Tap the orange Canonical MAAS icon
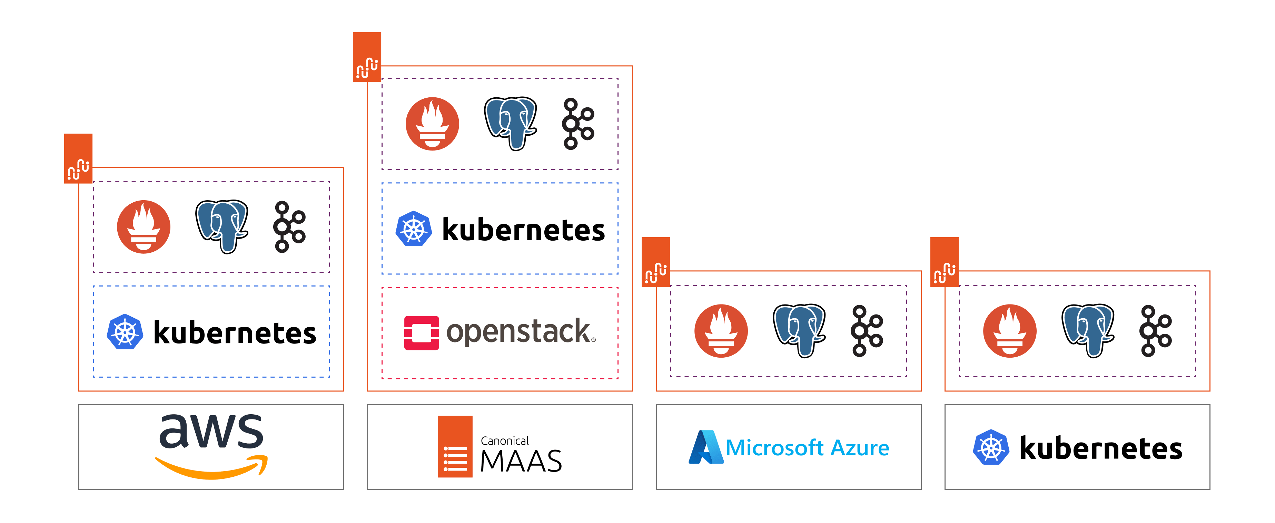click(x=455, y=447)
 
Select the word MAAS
click(x=521, y=461)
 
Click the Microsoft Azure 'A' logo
click(x=705, y=447)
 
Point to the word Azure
click(x=859, y=448)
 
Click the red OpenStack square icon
click(x=421, y=333)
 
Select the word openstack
click(x=521, y=332)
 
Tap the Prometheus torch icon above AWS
click(x=144, y=227)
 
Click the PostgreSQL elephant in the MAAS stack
click(x=510, y=123)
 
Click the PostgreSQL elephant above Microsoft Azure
click(x=799, y=330)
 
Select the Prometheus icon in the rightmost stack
click(x=1010, y=331)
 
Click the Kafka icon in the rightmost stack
click(x=1155, y=331)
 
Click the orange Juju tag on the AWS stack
click(x=78, y=158)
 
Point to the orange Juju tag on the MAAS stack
click(x=367, y=57)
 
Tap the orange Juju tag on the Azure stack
click(x=655, y=262)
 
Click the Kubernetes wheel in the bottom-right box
click(x=990, y=447)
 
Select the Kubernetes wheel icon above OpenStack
click(x=414, y=229)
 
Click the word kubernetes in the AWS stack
click(x=235, y=332)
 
